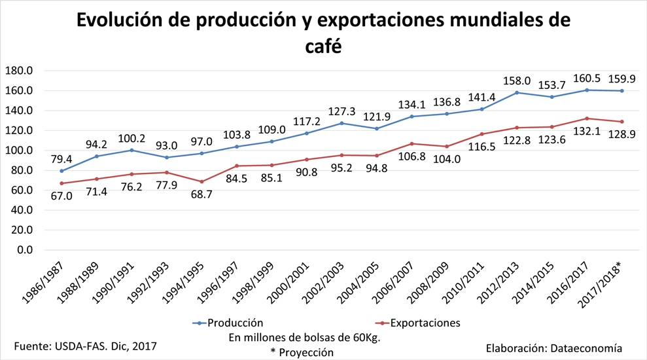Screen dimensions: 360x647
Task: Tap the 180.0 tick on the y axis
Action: (19, 71)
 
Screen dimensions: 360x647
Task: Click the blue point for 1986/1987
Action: (61, 171)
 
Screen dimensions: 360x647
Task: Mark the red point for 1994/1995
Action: (202, 181)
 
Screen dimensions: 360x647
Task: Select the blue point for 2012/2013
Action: (517, 92)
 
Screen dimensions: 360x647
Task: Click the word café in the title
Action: (323, 47)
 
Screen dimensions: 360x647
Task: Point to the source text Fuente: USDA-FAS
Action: (86, 344)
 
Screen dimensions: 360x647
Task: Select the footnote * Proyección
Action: (302, 352)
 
